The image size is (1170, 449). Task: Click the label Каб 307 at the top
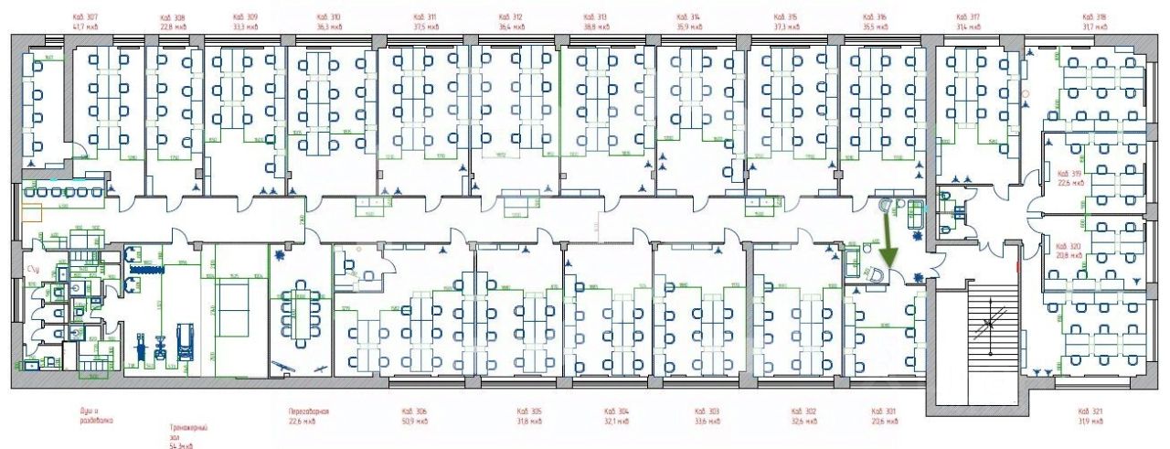[x=85, y=17]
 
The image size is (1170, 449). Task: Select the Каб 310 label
[x=329, y=17]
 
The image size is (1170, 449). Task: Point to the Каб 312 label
[x=511, y=17]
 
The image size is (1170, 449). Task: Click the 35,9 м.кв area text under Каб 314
[x=689, y=27]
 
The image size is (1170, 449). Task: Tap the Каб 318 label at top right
[x=1094, y=17]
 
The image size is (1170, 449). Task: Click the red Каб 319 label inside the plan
[x=1069, y=173]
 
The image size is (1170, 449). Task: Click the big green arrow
[x=889, y=240]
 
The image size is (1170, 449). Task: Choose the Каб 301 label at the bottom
[x=884, y=412]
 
